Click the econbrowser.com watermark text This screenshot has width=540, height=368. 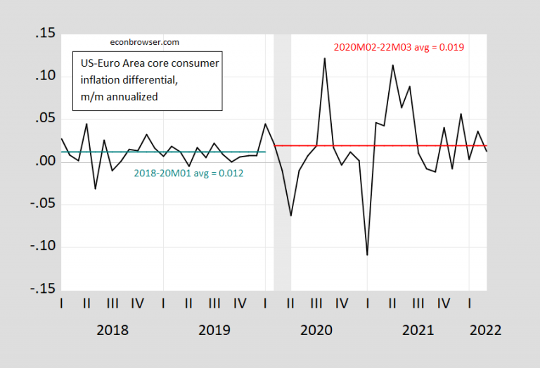pyautogui.click(x=140, y=41)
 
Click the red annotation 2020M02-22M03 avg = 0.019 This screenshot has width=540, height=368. pyautogui.click(x=398, y=47)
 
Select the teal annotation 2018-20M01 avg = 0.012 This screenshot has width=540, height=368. pyautogui.click(x=188, y=173)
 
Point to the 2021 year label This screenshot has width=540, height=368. pyautogui.click(x=417, y=330)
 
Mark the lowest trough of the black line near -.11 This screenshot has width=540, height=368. pyautogui.click(x=367, y=254)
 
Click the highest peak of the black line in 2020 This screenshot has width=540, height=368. pyautogui.click(x=324, y=58)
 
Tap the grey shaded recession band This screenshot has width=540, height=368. pyautogui.click(x=282, y=211)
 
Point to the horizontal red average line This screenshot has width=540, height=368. pyautogui.click(x=422, y=145)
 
